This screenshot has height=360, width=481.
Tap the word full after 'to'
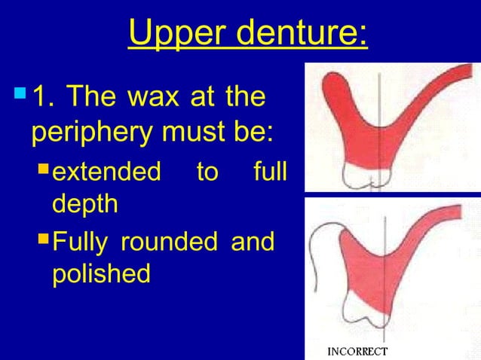[268, 172]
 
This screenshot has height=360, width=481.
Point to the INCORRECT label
[358, 351]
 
